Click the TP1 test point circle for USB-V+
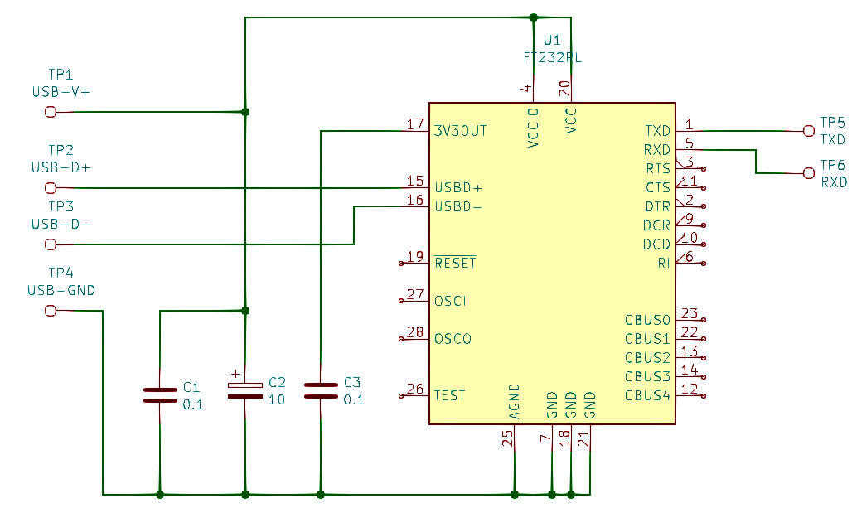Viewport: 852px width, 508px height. [51, 112]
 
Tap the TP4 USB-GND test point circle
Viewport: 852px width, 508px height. [51, 311]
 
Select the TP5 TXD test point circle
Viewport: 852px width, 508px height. [809, 130]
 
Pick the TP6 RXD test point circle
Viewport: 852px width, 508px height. [809, 172]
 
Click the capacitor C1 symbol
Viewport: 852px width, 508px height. [160, 395]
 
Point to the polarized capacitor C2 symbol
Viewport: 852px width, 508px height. [245, 390]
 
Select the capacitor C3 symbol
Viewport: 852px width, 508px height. [321, 391]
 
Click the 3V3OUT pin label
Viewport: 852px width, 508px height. [460, 131]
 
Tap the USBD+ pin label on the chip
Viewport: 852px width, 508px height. [458, 188]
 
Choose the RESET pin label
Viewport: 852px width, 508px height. [455, 263]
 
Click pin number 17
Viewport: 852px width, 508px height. [415, 124]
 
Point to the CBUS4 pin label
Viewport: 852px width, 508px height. [647, 395]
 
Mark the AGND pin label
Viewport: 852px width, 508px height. [514, 401]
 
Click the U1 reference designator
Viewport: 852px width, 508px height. [551, 41]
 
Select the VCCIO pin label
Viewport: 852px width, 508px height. [533, 128]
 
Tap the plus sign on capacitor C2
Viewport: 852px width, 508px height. [235, 374]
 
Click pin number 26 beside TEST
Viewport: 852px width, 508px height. [415, 389]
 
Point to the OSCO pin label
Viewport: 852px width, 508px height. [453, 339]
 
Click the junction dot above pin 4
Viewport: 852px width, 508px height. [533, 17]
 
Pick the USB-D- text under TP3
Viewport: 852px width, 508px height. [61, 224]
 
